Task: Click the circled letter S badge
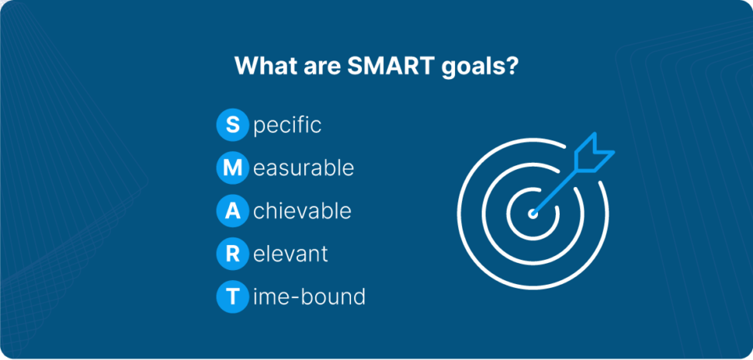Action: pos(232,125)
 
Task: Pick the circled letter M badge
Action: pos(232,168)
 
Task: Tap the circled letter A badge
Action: pos(232,211)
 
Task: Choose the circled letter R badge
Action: pos(232,254)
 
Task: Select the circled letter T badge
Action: pos(232,297)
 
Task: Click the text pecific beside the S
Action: pos(287,127)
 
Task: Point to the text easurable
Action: pos(304,168)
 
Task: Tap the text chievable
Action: pos(303,211)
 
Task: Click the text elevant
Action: pos(290,254)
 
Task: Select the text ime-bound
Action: pos(309,296)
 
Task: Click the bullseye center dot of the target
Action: pos(533,214)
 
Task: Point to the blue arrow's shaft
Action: pos(557,189)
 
